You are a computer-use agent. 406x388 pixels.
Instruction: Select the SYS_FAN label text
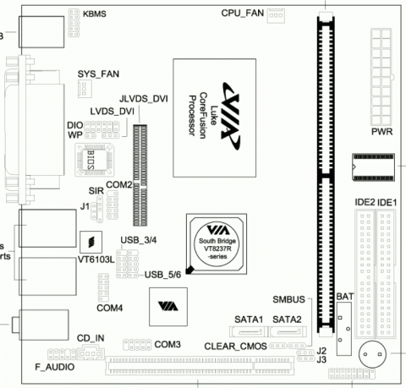point(98,74)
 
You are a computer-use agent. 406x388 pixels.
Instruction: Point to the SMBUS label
point(290,299)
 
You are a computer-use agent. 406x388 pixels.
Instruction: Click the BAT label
point(344,298)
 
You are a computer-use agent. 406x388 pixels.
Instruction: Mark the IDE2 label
point(365,203)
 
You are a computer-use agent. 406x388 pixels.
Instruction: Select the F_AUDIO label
point(54,368)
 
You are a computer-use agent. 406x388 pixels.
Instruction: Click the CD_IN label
point(90,337)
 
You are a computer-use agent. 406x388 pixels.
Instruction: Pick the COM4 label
point(110,308)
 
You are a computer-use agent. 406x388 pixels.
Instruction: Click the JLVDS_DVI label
point(144,98)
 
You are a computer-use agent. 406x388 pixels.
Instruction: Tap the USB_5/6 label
point(163,274)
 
